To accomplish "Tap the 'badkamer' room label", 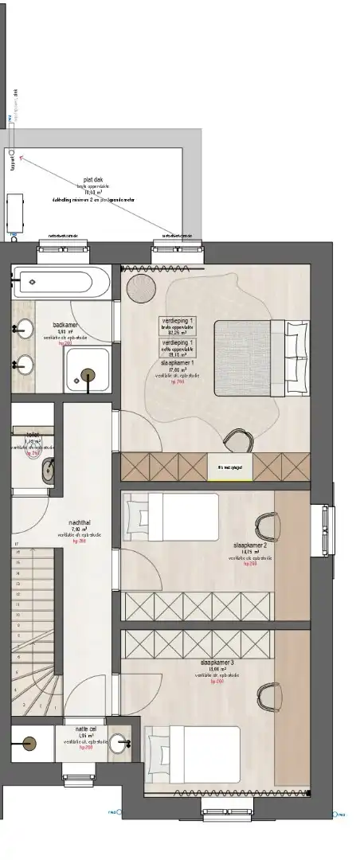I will coord(65,325).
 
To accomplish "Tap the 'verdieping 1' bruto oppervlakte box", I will coord(179,325).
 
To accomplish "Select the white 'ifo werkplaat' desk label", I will coord(218,467).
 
